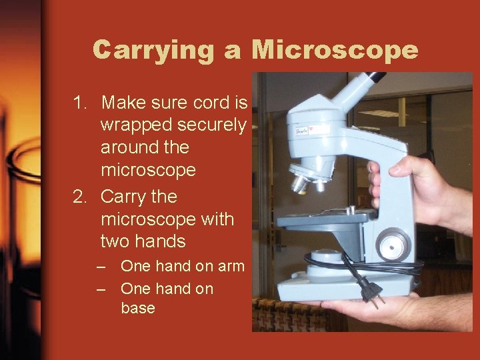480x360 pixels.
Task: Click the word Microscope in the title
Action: pyautogui.click(x=335, y=50)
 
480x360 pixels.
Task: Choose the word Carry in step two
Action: pyautogui.click(x=127, y=197)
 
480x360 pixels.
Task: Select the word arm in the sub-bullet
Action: pyautogui.click(x=231, y=266)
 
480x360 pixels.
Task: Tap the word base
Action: pyautogui.click(x=138, y=308)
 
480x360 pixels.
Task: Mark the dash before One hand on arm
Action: pyautogui.click(x=101, y=267)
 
